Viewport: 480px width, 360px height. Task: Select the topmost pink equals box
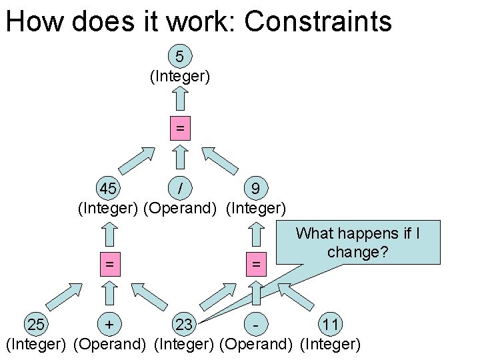click(179, 127)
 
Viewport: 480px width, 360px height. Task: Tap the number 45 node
click(108, 188)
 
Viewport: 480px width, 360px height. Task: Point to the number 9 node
click(256, 188)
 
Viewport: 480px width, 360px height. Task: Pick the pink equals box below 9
click(255, 264)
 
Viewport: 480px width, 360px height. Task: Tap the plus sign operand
click(109, 325)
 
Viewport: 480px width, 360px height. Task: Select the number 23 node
click(183, 325)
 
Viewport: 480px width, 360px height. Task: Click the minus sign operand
click(256, 325)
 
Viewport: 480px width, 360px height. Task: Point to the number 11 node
click(330, 325)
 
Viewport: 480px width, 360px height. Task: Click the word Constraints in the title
click(318, 21)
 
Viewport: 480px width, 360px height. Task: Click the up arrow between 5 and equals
click(179, 99)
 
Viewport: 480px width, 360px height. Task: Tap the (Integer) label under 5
click(180, 77)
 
